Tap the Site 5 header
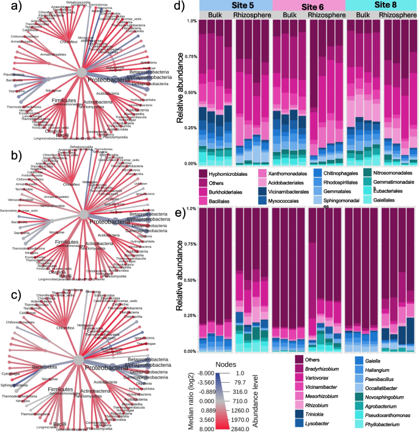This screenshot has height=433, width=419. point(235,6)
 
